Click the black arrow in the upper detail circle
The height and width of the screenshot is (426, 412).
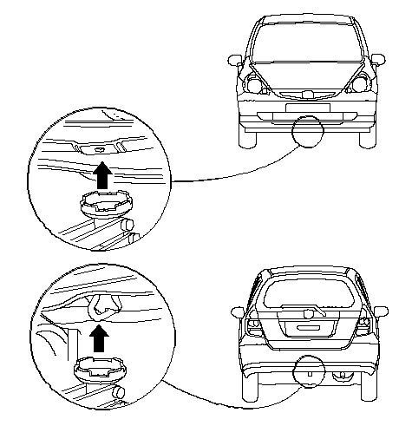(x=101, y=177)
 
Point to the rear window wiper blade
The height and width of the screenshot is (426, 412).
(x=313, y=311)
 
